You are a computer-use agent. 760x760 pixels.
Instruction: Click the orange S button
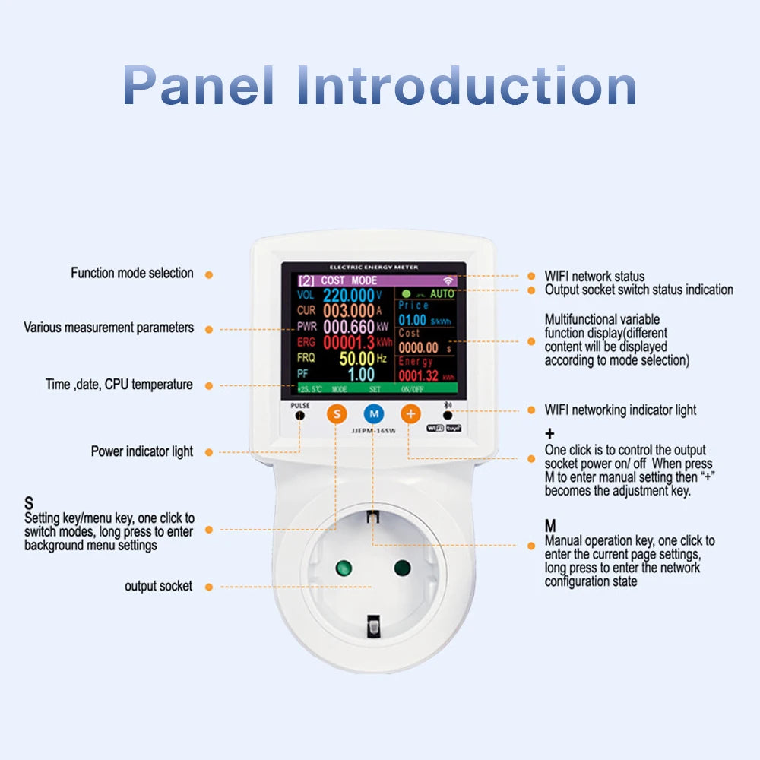coord(337,414)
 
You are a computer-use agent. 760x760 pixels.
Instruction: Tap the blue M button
coord(373,414)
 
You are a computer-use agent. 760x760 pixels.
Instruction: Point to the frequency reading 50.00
coord(356,358)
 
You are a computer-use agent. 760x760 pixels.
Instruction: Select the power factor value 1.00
coord(361,374)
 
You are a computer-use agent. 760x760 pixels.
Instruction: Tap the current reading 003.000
coord(349,311)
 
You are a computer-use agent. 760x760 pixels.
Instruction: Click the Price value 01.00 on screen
coord(413,321)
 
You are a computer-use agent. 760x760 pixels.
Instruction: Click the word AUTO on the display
coord(442,293)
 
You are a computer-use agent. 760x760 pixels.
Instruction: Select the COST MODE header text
coord(349,280)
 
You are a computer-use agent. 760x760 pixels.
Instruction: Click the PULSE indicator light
coord(300,416)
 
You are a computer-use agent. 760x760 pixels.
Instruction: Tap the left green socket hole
coord(343,567)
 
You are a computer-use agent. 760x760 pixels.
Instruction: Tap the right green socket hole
coord(403,567)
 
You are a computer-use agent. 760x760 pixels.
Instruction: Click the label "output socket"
coord(159,587)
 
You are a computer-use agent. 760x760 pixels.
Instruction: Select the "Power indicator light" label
coord(142,451)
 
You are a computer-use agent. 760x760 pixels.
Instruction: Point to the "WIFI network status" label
coord(594,276)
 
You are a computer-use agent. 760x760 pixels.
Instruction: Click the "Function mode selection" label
coord(132,273)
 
